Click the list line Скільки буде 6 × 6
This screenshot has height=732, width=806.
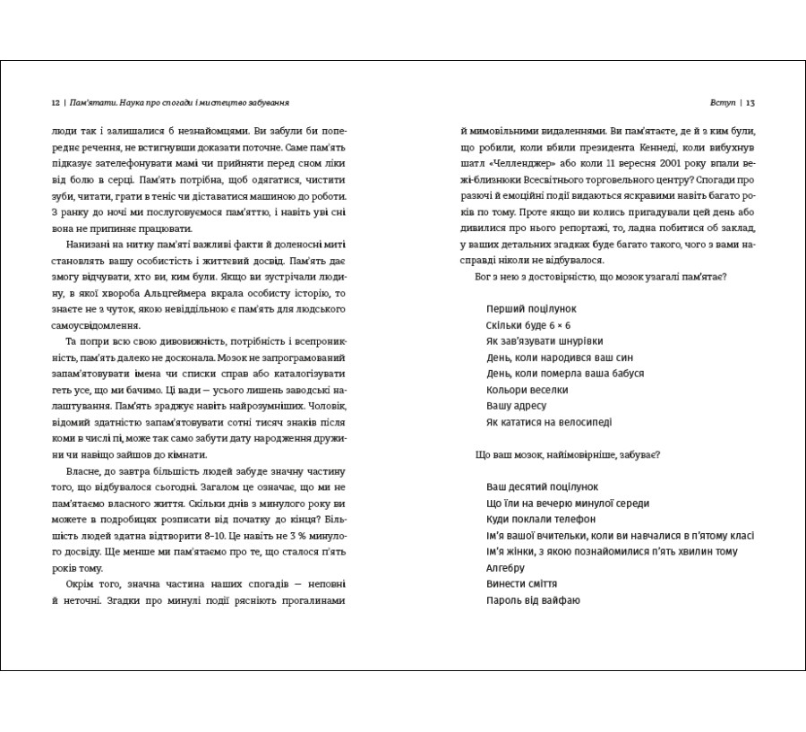click(x=528, y=324)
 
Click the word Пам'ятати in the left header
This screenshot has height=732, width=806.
click(x=91, y=102)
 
